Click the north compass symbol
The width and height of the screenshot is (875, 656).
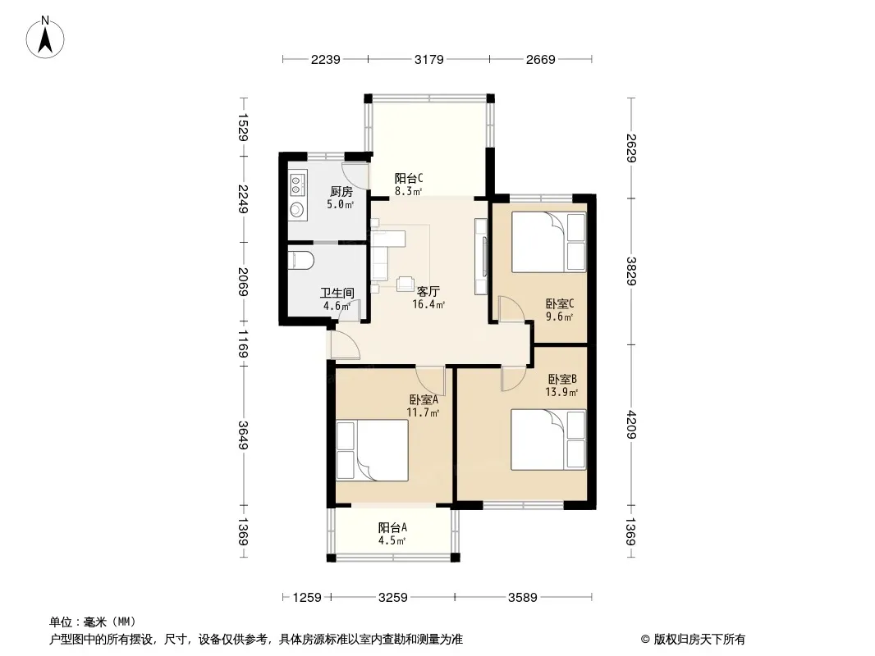click(46, 36)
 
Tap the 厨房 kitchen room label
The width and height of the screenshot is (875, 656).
click(341, 192)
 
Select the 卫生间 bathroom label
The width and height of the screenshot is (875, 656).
click(337, 293)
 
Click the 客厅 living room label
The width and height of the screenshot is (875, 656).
click(428, 291)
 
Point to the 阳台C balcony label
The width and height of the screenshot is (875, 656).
click(408, 178)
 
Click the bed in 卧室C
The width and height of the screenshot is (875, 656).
click(549, 242)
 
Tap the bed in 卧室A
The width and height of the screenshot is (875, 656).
click(373, 450)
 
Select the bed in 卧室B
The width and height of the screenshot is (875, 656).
click(548, 440)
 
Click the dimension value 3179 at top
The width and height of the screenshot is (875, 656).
click(429, 59)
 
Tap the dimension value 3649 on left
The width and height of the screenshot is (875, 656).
click(243, 435)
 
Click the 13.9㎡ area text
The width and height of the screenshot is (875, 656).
click(562, 392)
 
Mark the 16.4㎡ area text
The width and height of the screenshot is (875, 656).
click(428, 304)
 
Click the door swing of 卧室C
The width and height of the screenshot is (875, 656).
click(511, 311)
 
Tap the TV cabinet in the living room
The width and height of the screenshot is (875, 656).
click(481, 257)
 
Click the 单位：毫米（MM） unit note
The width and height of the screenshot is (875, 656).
click(92, 622)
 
